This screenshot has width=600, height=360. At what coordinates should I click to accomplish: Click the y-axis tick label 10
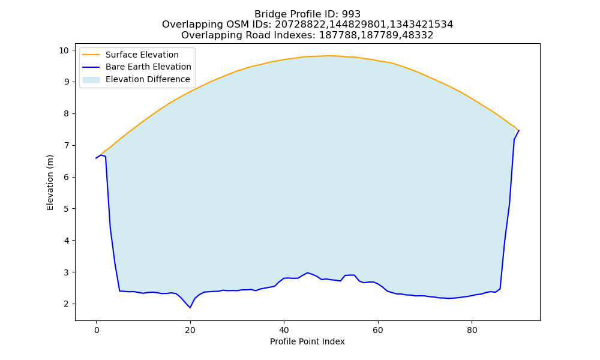coord(64,50)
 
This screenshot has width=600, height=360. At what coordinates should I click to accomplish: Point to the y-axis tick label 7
coord(66,145)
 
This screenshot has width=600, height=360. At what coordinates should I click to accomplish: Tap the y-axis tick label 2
coord(66,304)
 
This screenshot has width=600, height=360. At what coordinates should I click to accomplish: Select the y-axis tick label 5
coord(66,209)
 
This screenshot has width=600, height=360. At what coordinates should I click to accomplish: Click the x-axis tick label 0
coord(97,330)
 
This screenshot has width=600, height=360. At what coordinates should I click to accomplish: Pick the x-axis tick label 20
coord(190,330)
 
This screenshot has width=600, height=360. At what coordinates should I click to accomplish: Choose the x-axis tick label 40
coord(284,330)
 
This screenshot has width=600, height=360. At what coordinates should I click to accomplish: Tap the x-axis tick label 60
coord(378,330)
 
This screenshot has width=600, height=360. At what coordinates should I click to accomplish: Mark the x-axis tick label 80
coord(472,330)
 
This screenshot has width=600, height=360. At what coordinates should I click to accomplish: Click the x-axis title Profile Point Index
coord(307,341)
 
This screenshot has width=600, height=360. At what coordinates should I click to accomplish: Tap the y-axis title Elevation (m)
coord(50,182)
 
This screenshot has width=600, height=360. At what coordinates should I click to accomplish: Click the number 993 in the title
coord(351,14)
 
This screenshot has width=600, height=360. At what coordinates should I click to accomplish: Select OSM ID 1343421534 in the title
coord(421,25)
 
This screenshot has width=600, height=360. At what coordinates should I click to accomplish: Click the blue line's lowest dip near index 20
coord(190,308)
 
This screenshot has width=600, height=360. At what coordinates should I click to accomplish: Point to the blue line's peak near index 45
coord(307,273)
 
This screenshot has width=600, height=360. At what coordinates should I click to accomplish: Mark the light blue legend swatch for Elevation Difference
coord(91,79)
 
